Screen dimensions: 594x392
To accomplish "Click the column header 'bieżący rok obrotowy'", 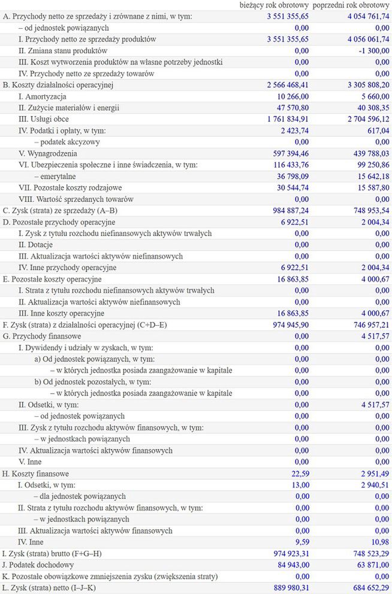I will (274, 5).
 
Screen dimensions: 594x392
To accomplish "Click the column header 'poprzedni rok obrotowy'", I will (351, 5).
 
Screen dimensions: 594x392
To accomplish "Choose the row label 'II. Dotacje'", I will (36, 245).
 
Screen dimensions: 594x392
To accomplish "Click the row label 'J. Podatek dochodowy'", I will (38, 565).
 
